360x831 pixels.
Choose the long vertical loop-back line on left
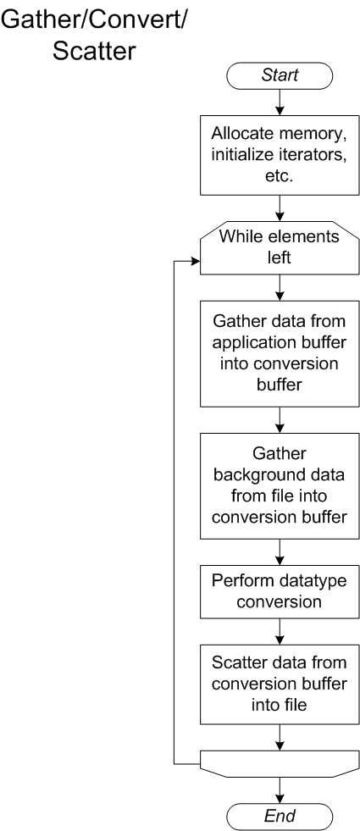(x=174, y=508)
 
